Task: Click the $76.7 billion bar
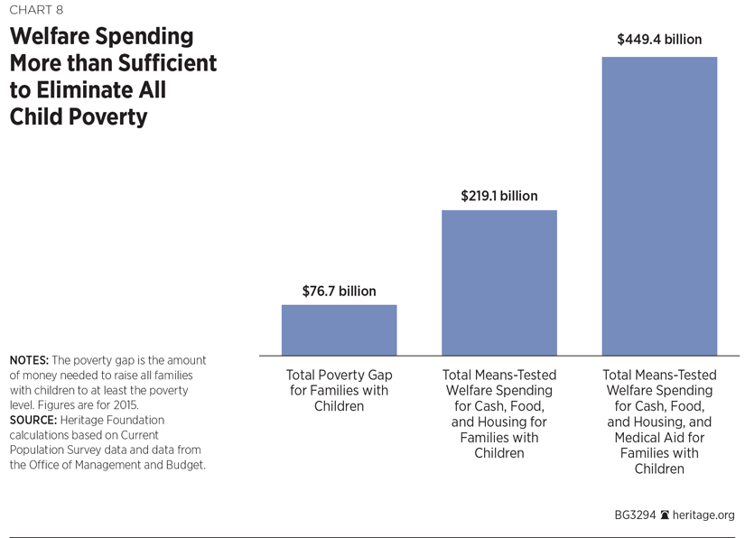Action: pos(339,329)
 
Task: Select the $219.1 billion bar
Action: pos(498,283)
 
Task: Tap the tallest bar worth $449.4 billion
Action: pos(659,206)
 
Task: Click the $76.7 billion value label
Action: pos(339,291)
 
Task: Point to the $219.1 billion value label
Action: pos(498,196)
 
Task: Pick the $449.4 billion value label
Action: pos(659,40)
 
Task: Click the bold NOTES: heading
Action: pos(32,360)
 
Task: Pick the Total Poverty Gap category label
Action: pos(339,375)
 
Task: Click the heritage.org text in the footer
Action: pos(703,515)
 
